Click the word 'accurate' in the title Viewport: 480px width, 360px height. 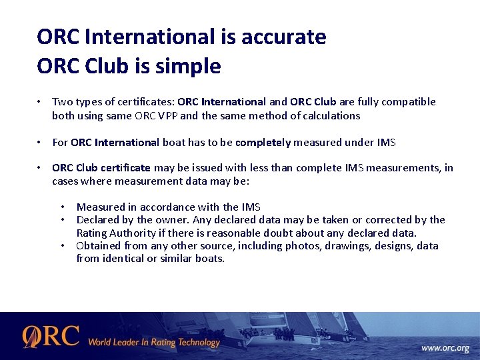pos(287,37)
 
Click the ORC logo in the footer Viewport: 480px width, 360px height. pos(51,337)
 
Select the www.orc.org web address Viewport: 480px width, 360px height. pos(445,348)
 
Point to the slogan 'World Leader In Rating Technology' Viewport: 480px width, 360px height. pos(153,343)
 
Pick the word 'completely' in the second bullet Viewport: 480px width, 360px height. pos(263,142)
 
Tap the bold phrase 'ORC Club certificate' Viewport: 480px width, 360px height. pos(101,167)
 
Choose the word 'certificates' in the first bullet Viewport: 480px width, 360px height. pos(143,102)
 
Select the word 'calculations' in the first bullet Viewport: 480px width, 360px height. pos(331,115)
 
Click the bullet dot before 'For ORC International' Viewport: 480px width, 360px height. pos(41,142)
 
